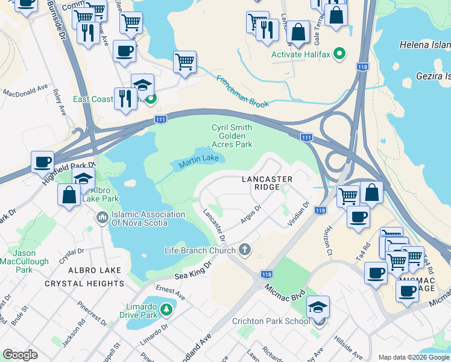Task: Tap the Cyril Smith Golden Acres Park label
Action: pos(232,136)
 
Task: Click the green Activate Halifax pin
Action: pos(339,54)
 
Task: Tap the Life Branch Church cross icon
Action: pos(245,249)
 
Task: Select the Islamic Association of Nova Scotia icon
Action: pos(101,215)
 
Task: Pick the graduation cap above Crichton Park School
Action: pos(318,307)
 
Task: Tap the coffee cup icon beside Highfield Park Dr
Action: pos(43,162)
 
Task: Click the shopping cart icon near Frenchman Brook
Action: pos(184,61)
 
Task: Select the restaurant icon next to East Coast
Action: pos(125,97)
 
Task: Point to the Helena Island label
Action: pos(424,45)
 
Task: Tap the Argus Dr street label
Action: pos(250,215)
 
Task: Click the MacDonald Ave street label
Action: pos(25,91)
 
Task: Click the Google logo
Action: pos(20,355)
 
